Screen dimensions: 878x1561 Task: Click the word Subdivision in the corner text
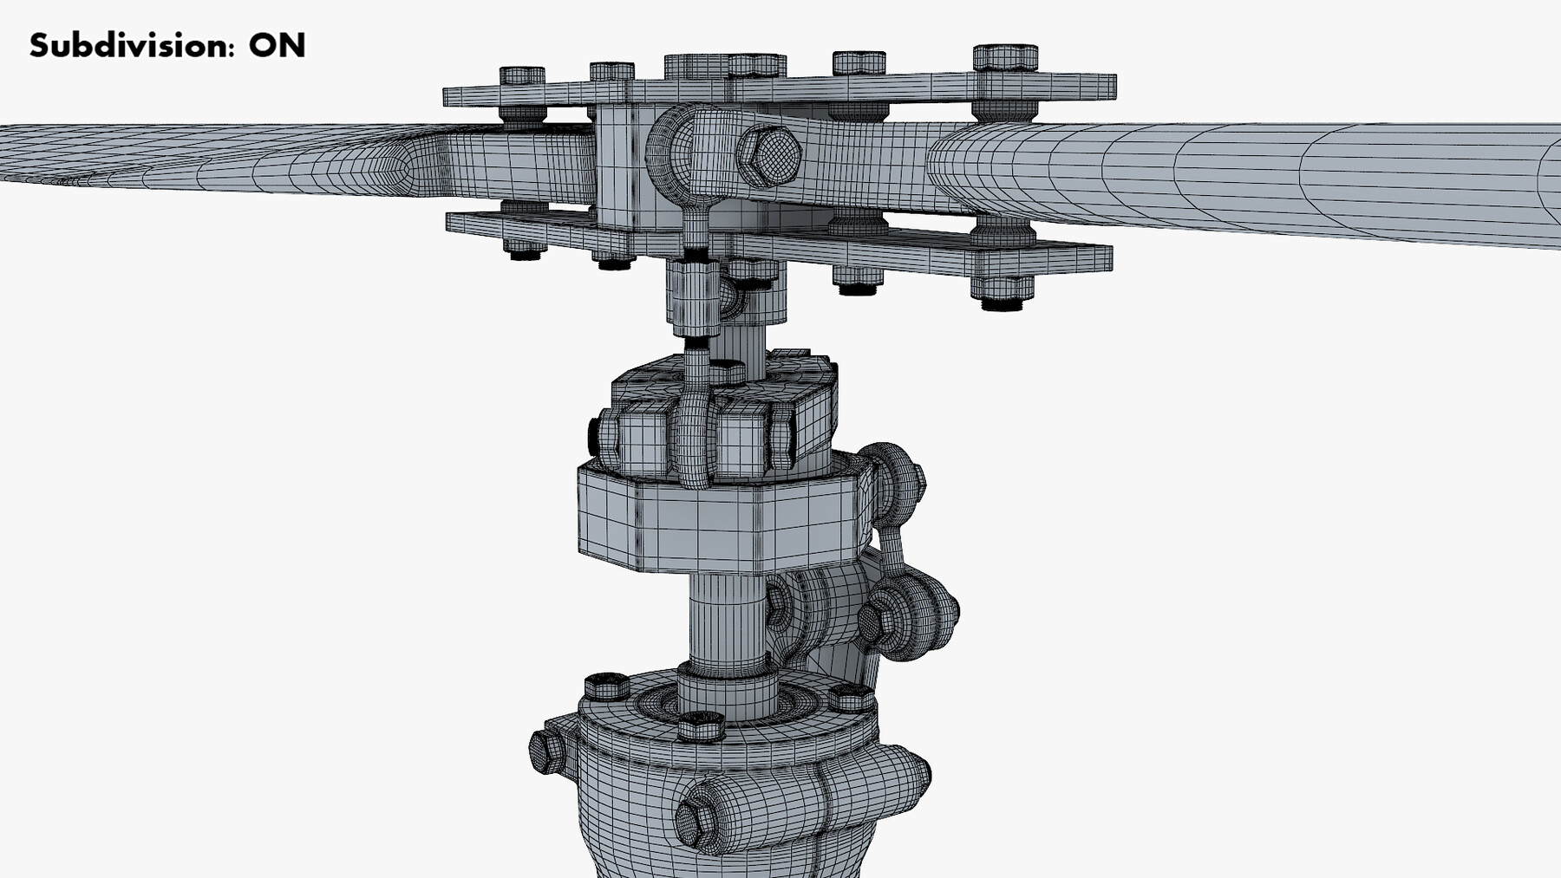(x=130, y=45)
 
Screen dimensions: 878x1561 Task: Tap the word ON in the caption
(x=277, y=45)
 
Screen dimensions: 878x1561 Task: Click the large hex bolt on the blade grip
(x=768, y=157)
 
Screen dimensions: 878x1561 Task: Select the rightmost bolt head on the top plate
(x=1005, y=57)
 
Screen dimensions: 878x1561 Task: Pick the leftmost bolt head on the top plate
(x=522, y=75)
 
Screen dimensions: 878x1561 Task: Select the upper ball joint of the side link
(x=894, y=478)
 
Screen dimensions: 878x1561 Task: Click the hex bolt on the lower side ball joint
(x=870, y=619)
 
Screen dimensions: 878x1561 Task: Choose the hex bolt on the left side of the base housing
(x=545, y=751)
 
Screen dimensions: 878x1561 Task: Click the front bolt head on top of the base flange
(x=700, y=725)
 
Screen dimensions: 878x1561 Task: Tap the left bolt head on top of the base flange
(x=606, y=686)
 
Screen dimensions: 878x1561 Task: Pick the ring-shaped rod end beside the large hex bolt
(x=685, y=156)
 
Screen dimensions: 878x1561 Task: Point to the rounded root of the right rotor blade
(x=963, y=170)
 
